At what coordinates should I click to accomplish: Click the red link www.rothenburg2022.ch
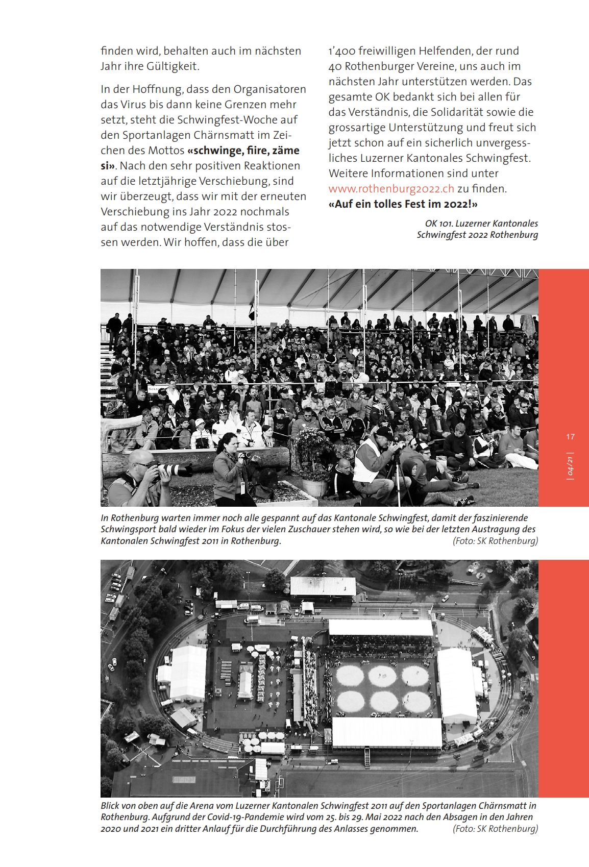coord(391,189)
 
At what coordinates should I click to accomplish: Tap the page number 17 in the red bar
coord(570,437)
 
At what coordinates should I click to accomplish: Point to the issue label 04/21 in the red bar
coord(570,466)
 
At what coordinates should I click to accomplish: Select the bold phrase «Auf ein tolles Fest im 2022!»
coord(403,204)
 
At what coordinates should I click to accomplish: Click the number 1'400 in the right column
coord(341,51)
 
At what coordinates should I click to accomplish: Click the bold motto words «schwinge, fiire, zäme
coord(243,151)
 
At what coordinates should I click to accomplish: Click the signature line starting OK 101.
coord(481,224)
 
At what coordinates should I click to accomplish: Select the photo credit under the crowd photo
coord(495,541)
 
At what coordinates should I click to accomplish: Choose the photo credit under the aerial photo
coord(495,829)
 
